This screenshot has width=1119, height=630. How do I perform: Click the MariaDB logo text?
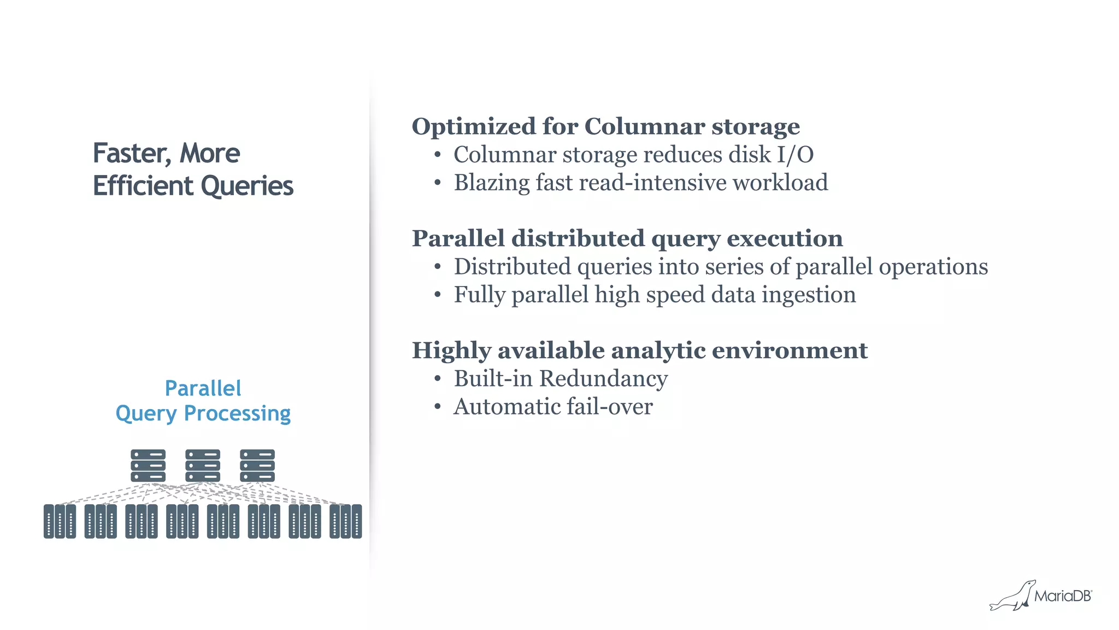point(1062,596)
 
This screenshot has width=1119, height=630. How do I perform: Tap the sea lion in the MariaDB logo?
point(1012,597)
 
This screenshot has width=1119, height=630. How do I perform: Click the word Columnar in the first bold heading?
point(644,126)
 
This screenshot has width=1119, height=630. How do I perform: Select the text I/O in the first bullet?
point(795,155)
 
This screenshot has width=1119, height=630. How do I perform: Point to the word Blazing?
point(491,183)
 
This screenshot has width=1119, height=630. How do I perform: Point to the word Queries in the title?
point(247,186)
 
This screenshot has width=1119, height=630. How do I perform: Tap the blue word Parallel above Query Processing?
point(203,388)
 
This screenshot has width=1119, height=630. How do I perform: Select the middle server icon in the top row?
point(203,465)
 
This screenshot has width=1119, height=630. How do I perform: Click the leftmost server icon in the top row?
point(148,465)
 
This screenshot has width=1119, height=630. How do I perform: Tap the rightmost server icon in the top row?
point(257,465)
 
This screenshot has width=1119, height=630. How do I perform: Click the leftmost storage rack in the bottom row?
point(60,521)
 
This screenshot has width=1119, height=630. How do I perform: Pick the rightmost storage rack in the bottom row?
point(345,521)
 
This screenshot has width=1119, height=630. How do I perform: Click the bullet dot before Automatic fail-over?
point(437,407)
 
